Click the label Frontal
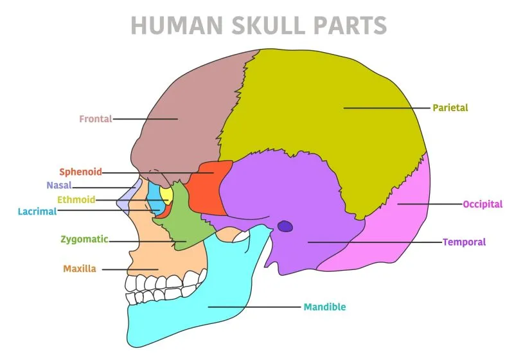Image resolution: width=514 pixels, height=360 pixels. coord(95,119)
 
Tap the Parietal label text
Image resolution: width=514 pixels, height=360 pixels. coord(450,108)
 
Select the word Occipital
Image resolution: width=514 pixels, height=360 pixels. coord(482,204)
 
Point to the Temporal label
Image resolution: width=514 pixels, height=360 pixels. coord(464,242)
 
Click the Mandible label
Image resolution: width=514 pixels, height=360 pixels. coord(324,307)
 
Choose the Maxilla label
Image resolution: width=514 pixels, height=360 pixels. coord(80,269)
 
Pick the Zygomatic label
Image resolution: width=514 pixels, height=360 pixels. coord(84,240)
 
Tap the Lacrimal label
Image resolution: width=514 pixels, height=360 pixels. coord(37,211)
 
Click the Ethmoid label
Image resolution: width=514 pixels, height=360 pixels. coord(76,199)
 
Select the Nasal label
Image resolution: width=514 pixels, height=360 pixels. coord(58,186)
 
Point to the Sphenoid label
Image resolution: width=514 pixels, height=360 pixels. coord(80,172)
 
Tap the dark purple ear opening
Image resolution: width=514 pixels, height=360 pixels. coord(285,226)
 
